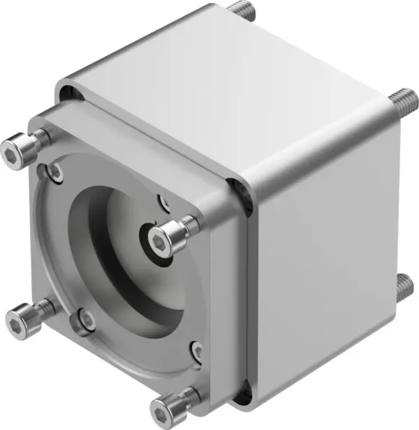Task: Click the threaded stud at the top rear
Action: tap(241, 10)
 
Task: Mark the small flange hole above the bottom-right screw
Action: tap(198, 350)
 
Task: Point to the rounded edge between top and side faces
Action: tap(314, 146)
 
